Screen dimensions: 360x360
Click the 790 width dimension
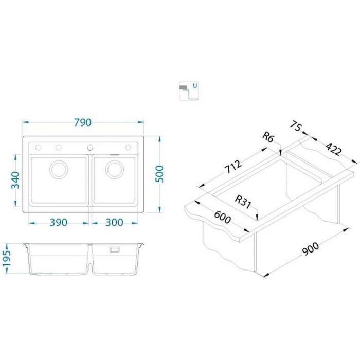coord(83,122)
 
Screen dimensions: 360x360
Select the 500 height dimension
coord(159,174)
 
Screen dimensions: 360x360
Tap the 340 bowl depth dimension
coord(15,180)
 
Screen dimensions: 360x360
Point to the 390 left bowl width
coord(59,222)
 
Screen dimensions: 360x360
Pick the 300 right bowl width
coord(114,222)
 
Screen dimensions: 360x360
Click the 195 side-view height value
coord(6,258)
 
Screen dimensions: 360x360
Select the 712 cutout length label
coord(233,166)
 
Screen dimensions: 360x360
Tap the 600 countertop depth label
coord(222,217)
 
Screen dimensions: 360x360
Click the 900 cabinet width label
coord(311,249)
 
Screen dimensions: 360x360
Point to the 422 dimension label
coord(334,149)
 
